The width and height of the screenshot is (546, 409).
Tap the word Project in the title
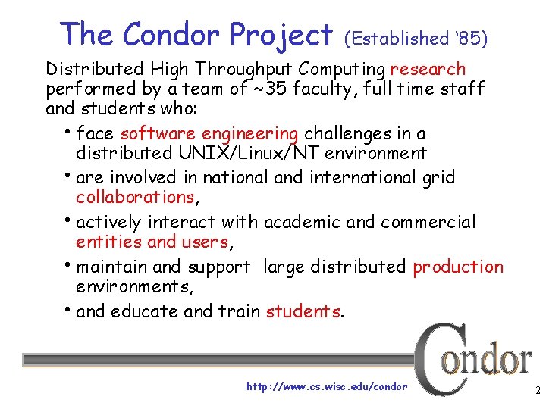[x=281, y=35]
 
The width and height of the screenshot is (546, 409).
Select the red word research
[x=428, y=70]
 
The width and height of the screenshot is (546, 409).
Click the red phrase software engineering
[x=209, y=134]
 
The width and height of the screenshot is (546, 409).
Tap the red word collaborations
[x=135, y=197]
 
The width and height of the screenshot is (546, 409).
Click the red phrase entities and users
[x=152, y=242]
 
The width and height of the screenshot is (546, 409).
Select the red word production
[x=457, y=267]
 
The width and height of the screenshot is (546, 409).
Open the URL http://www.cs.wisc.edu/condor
[x=327, y=386]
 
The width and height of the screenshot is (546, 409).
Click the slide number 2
[x=536, y=392]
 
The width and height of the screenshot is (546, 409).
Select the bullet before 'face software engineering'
[x=70, y=130]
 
